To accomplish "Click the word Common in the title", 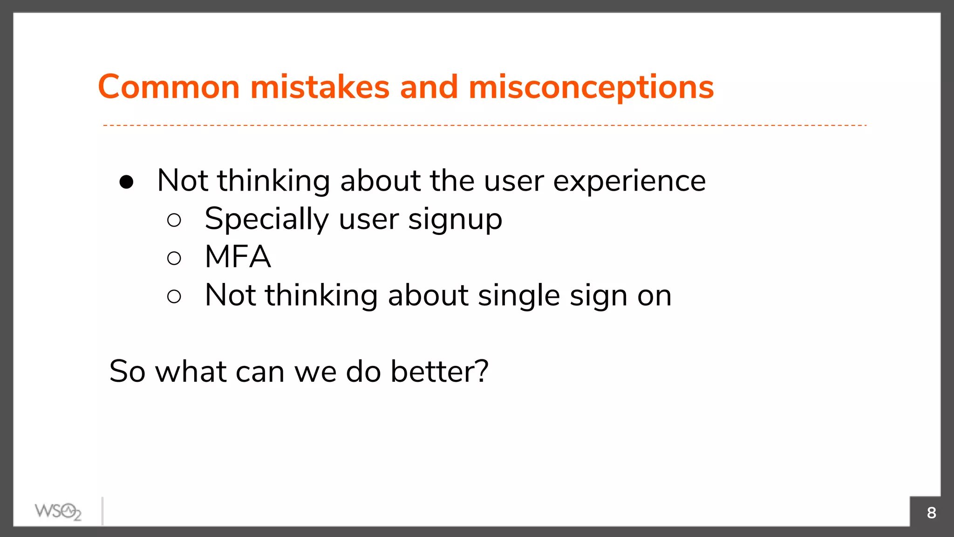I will click(x=169, y=87).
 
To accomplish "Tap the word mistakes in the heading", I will click(x=320, y=87).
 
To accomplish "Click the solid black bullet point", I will click(x=126, y=182).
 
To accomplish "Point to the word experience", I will click(x=629, y=182).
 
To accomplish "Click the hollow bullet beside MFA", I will click(x=174, y=258).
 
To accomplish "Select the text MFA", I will click(x=238, y=257).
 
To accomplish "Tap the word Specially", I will click(x=266, y=220).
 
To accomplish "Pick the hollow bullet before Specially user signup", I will click(x=174, y=220).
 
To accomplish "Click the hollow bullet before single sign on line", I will click(x=174, y=296).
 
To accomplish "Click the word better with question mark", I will click(x=439, y=372).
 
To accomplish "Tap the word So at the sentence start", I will click(x=127, y=372).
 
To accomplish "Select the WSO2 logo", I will click(x=58, y=512).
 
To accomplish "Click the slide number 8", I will click(x=931, y=513).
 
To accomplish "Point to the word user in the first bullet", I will click(x=514, y=182).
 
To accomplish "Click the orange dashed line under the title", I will click(x=484, y=125).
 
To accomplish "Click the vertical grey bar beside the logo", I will click(x=102, y=511).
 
